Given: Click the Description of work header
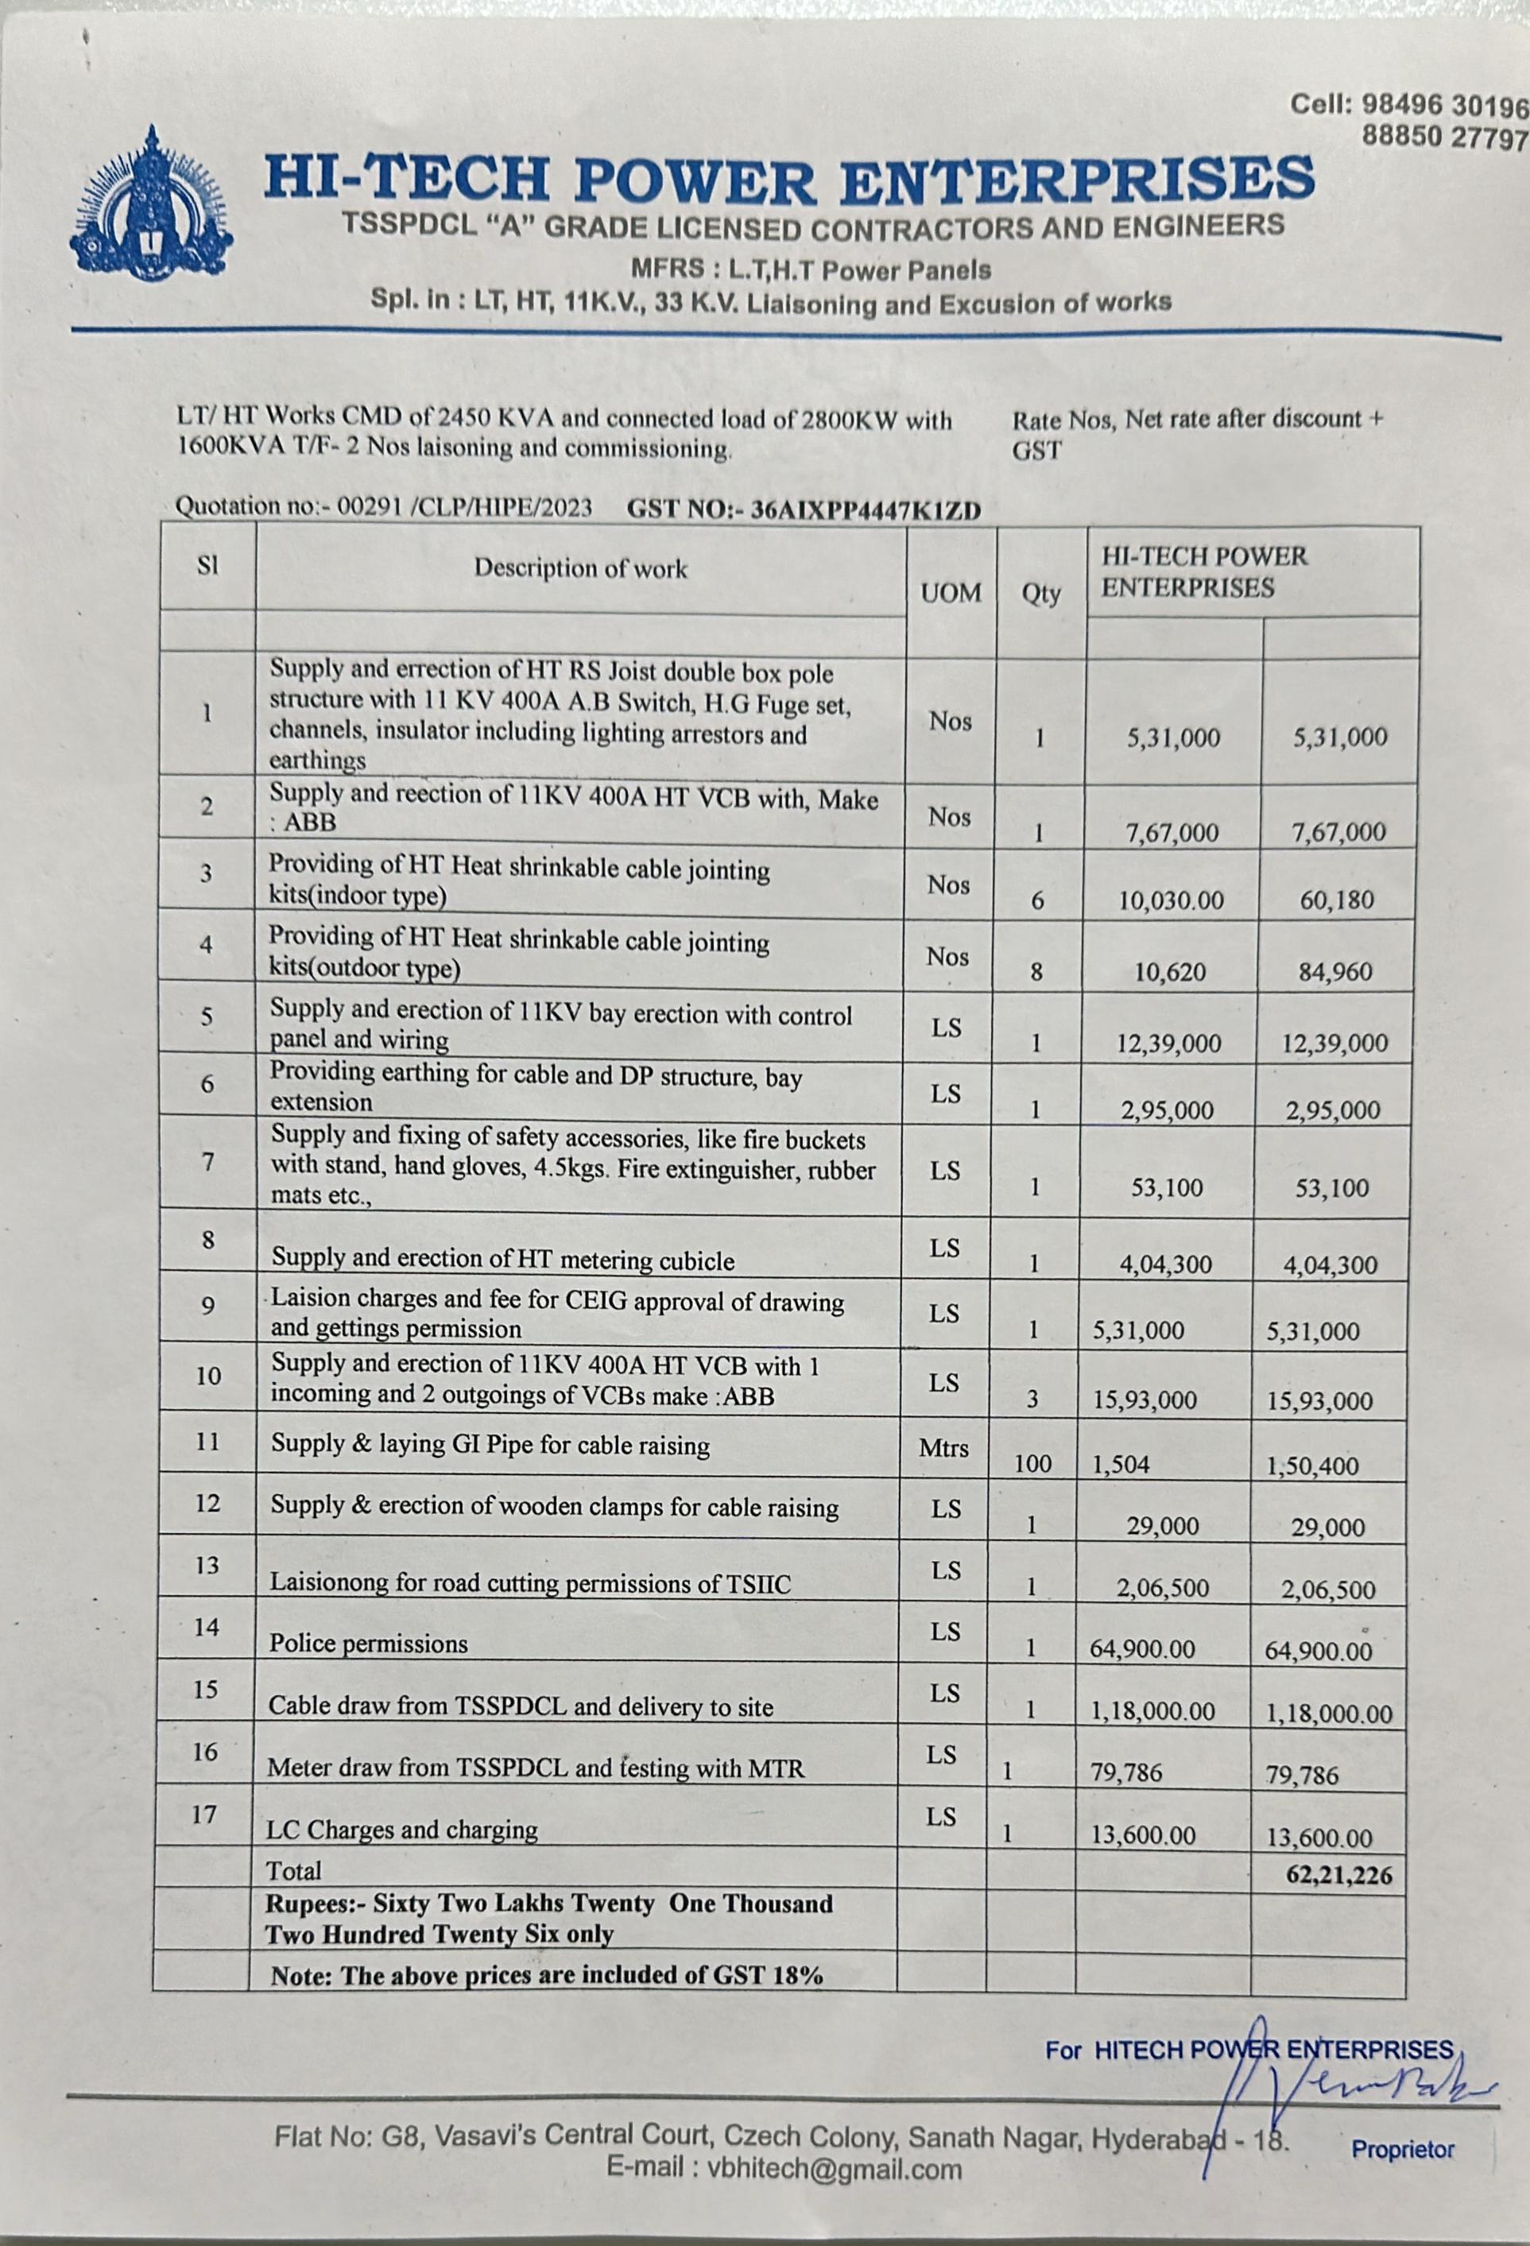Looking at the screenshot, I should point(580,568).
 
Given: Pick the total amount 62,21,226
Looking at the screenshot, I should point(1338,1876).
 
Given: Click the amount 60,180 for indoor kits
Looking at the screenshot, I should point(1338,900).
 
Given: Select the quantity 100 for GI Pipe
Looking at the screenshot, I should point(1032,1464).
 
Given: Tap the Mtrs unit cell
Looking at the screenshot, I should point(943,1448).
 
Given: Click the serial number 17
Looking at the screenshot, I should point(204,1814).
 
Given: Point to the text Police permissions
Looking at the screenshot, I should point(368,1644).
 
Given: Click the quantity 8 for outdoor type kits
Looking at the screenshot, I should point(1036,972).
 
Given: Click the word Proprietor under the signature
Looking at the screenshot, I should point(1402,2175).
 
